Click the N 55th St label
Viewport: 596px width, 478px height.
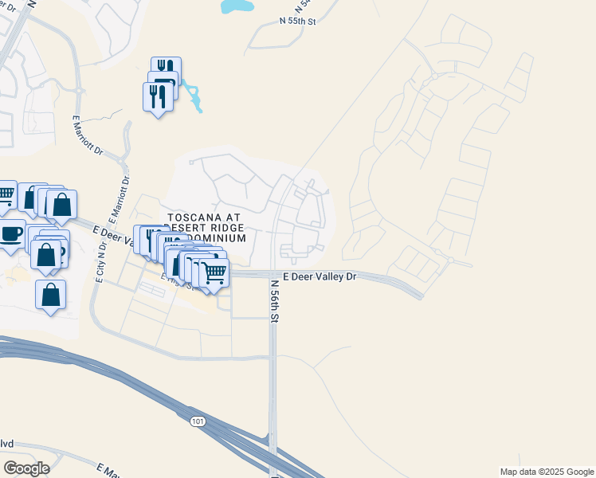click(299, 22)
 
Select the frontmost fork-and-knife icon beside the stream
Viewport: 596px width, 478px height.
click(158, 96)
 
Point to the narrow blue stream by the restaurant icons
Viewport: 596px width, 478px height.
click(192, 95)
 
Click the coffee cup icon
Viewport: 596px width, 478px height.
click(10, 234)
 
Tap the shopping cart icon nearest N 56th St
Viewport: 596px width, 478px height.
click(214, 272)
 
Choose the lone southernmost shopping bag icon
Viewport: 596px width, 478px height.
click(51, 294)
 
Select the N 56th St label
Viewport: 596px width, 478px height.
click(274, 300)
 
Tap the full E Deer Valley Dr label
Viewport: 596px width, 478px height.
click(317, 276)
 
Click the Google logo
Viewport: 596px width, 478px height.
click(26, 468)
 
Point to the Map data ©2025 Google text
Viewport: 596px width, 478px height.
click(547, 472)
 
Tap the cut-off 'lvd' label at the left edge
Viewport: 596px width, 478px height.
click(6, 444)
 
